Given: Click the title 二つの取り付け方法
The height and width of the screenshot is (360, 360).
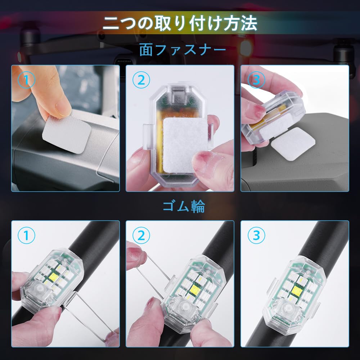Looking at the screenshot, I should (x=180, y=24).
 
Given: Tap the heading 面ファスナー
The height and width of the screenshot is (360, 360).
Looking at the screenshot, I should (x=183, y=50).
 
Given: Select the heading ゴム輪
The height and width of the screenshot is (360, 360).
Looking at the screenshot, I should (x=184, y=207).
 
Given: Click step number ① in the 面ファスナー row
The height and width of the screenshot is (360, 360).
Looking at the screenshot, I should (x=27, y=80).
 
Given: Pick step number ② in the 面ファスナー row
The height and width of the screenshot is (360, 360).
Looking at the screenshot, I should (x=141, y=80).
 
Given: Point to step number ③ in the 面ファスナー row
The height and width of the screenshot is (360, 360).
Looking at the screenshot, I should (x=256, y=80).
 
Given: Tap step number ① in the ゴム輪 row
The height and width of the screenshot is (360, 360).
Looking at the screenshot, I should (x=27, y=236).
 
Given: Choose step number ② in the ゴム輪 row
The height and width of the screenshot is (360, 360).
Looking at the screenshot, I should (x=141, y=236).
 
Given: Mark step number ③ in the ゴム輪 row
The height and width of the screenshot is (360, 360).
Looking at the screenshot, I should (x=256, y=236).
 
